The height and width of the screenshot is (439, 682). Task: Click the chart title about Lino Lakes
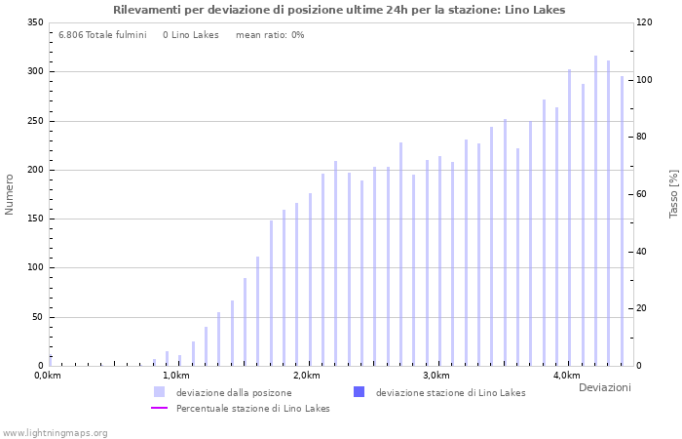pos(339,10)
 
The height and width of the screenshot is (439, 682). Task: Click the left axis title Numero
pos(10,194)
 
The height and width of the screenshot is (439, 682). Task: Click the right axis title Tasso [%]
pos(673,193)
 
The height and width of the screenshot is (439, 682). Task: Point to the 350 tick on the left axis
pos(35,22)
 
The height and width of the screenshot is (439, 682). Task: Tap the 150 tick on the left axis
pos(35,219)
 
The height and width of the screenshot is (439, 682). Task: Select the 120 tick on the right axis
pos(645,22)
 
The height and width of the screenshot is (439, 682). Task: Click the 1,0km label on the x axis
pos(175,376)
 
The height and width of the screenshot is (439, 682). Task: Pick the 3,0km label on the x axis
pos(436,376)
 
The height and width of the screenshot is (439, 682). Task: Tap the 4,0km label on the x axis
pos(566,376)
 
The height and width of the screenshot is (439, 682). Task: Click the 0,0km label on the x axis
pos(48,376)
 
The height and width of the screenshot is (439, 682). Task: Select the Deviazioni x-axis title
pos(604,388)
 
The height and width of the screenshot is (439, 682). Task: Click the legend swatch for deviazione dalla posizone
pos(159,392)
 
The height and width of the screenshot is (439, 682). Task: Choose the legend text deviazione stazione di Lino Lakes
pos(450,393)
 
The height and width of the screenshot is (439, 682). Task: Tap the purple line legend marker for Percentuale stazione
pos(160,408)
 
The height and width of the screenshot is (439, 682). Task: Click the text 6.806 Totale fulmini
pos(102,35)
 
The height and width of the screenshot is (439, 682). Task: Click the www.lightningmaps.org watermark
pos(56,432)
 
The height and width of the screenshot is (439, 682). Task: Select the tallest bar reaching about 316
pos(596,211)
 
